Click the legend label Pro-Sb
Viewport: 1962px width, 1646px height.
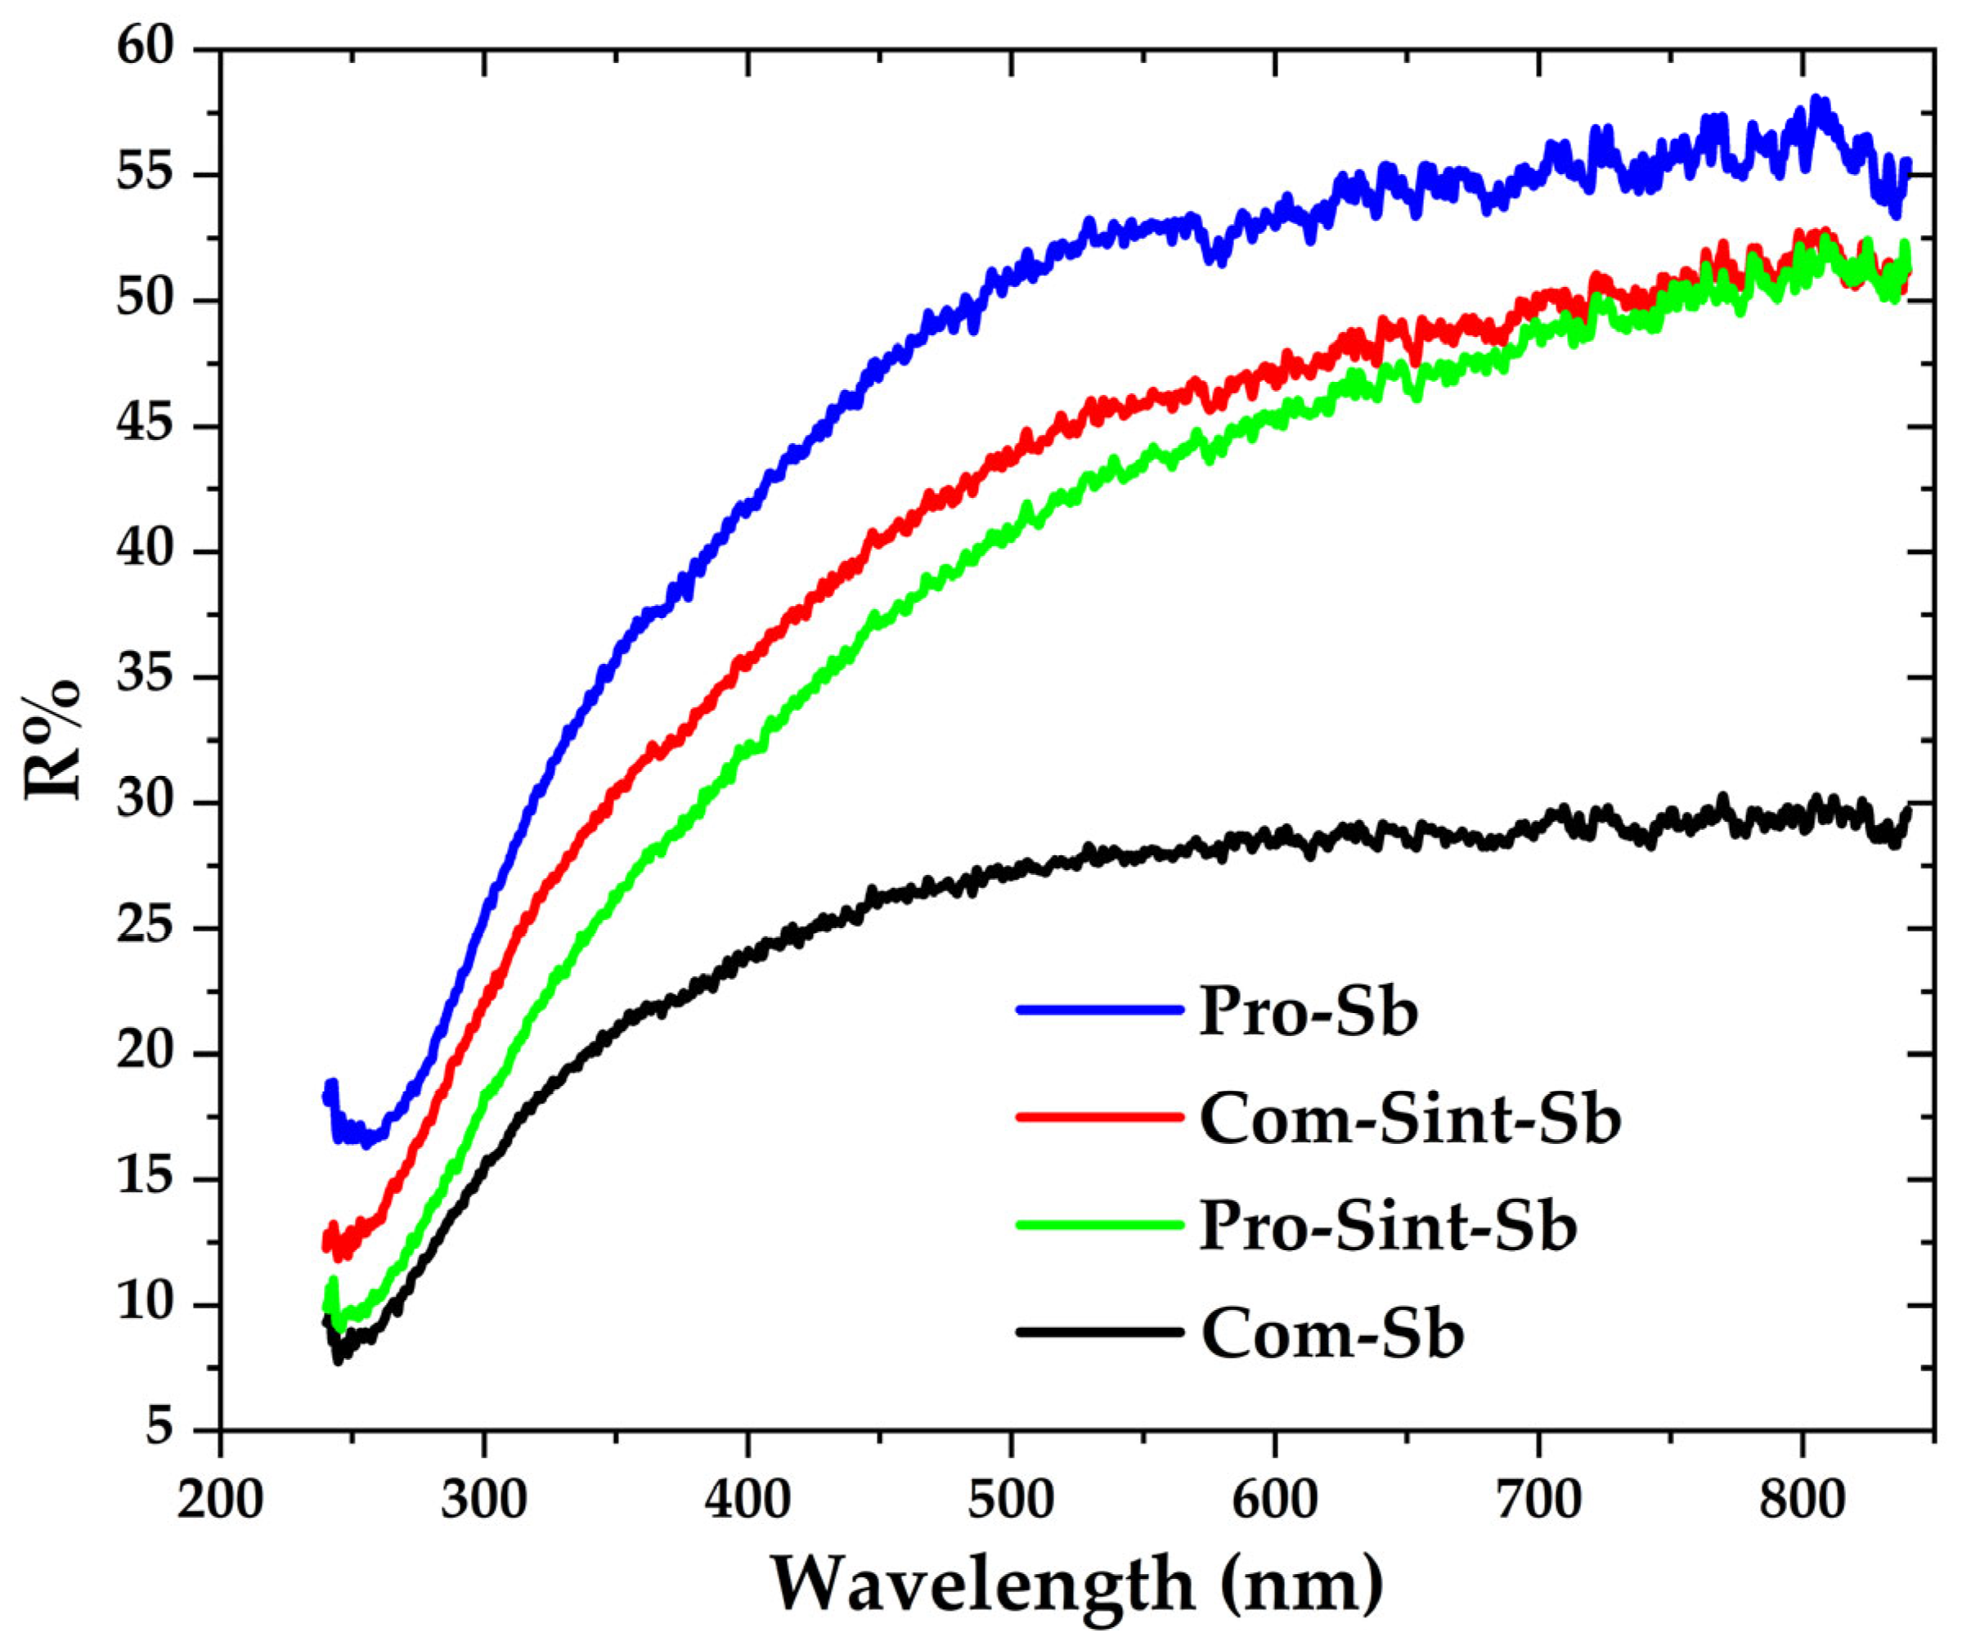[1308, 1011]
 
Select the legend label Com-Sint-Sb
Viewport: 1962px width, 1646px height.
[1410, 1119]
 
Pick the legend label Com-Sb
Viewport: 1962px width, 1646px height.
[1332, 1332]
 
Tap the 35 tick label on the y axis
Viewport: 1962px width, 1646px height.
[146, 676]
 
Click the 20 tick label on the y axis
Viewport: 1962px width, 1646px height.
[146, 1054]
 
